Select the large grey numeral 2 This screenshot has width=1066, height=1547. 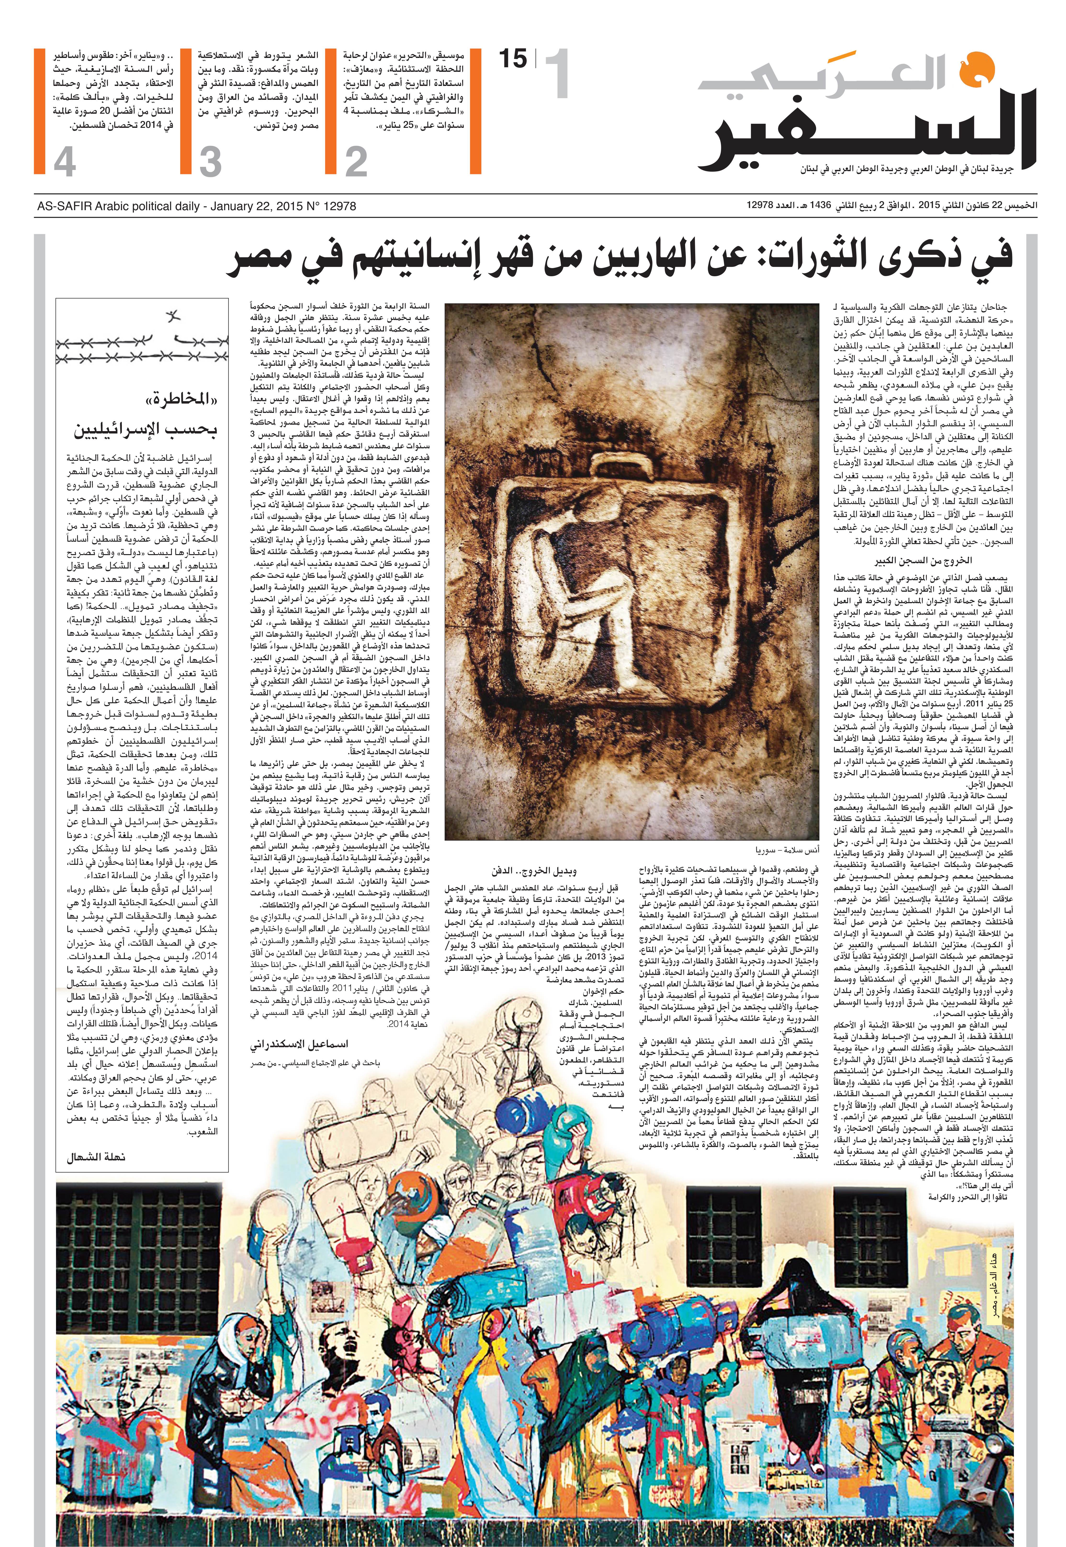click(356, 162)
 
